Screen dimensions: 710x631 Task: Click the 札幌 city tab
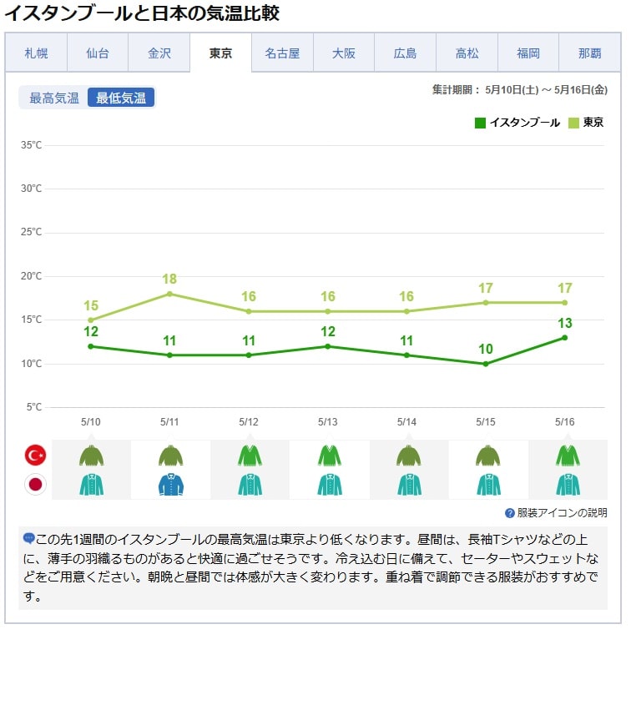tap(36, 53)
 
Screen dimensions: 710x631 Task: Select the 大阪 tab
tap(344, 53)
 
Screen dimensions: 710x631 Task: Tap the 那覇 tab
tap(589, 53)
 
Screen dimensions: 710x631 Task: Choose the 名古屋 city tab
tap(282, 53)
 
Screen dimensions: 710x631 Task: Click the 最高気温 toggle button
tap(54, 98)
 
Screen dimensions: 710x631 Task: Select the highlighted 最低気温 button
tap(121, 98)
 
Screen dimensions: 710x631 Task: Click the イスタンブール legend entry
tap(517, 123)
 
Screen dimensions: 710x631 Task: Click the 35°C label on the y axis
tap(32, 145)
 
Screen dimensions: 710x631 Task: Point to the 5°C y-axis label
tap(33, 407)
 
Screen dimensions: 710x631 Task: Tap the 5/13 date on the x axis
tap(327, 422)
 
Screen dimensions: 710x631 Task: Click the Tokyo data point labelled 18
tap(169, 294)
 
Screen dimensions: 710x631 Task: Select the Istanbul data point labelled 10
tap(486, 364)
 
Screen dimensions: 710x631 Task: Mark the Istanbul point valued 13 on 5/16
tap(565, 337)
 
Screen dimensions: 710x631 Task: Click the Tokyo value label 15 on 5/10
tap(91, 305)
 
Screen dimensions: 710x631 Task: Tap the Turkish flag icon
tap(36, 455)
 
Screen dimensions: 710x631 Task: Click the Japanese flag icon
tap(36, 484)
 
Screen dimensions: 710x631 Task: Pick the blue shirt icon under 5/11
tap(170, 484)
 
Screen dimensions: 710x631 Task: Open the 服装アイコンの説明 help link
tap(556, 513)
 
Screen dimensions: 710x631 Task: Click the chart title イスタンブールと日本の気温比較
tap(142, 13)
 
